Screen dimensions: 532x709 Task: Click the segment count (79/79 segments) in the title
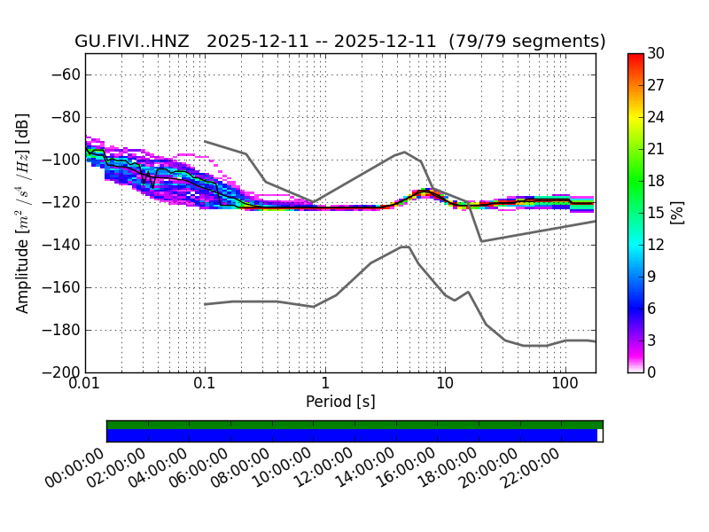pyautogui.click(x=527, y=42)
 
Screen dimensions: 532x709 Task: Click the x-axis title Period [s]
pyautogui.click(x=340, y=403)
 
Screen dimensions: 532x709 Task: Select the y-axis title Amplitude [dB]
pyautogui.click(x=23, y=213)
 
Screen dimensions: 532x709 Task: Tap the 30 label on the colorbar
pyautogui.click(x=658, y=54)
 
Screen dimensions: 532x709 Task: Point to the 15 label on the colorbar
pyautogui.click(x=658, y=213)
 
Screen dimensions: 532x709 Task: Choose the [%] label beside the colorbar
pyautogui.click(x=677, y=213)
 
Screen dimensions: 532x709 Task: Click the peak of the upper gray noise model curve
pyautogui.click(x=405, y=152)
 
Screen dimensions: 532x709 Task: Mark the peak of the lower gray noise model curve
pyautogui.click(x=404, y=246)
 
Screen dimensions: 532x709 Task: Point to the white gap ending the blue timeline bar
pyautogui.click(x=600, y=435)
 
